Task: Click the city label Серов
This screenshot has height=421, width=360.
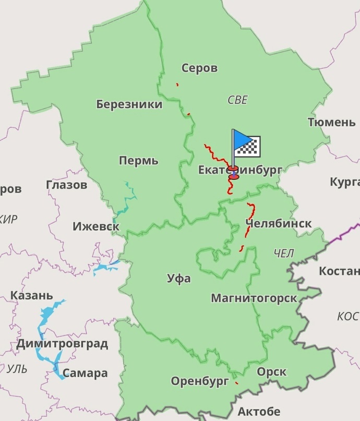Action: [199, 68]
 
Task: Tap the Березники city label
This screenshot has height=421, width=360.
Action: [129, 104]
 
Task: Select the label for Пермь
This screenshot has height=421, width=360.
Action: [138, 161]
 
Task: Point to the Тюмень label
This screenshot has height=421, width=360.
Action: [331, 122]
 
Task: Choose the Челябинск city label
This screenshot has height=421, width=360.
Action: [278, 224]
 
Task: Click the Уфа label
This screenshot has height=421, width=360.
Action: [178, 279]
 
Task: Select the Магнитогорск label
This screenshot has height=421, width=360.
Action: [254, 298]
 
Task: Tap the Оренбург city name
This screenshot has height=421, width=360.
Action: [200, 381]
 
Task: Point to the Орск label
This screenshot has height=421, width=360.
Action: [271, 372]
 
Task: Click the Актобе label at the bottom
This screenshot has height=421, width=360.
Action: [259, 411]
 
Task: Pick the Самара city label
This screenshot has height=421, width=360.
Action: [85, 373]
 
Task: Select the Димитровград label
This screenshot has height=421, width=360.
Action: [62, 344]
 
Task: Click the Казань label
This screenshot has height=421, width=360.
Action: [31, 296]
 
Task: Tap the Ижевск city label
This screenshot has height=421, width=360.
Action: [96, 227]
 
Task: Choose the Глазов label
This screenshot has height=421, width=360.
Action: [66, 185]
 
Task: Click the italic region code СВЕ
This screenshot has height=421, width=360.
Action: [237, 100]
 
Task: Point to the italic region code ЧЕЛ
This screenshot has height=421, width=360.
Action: [283, 254]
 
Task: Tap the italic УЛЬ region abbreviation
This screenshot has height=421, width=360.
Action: [17, 369]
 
